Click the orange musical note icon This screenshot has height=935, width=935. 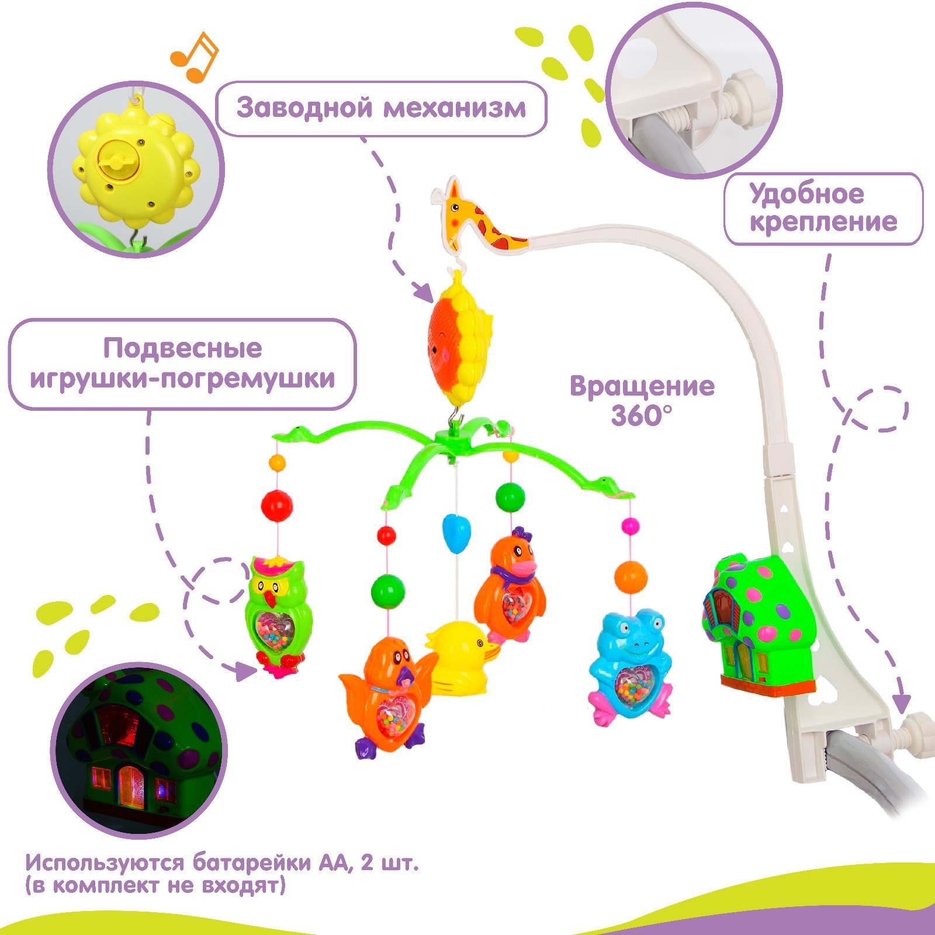(194, 56)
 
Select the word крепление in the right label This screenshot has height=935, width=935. (823, 222)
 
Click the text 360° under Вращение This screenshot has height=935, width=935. (641, 415)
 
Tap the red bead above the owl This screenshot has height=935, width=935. (277, 504)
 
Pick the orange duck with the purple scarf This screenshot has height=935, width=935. (509, 590)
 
